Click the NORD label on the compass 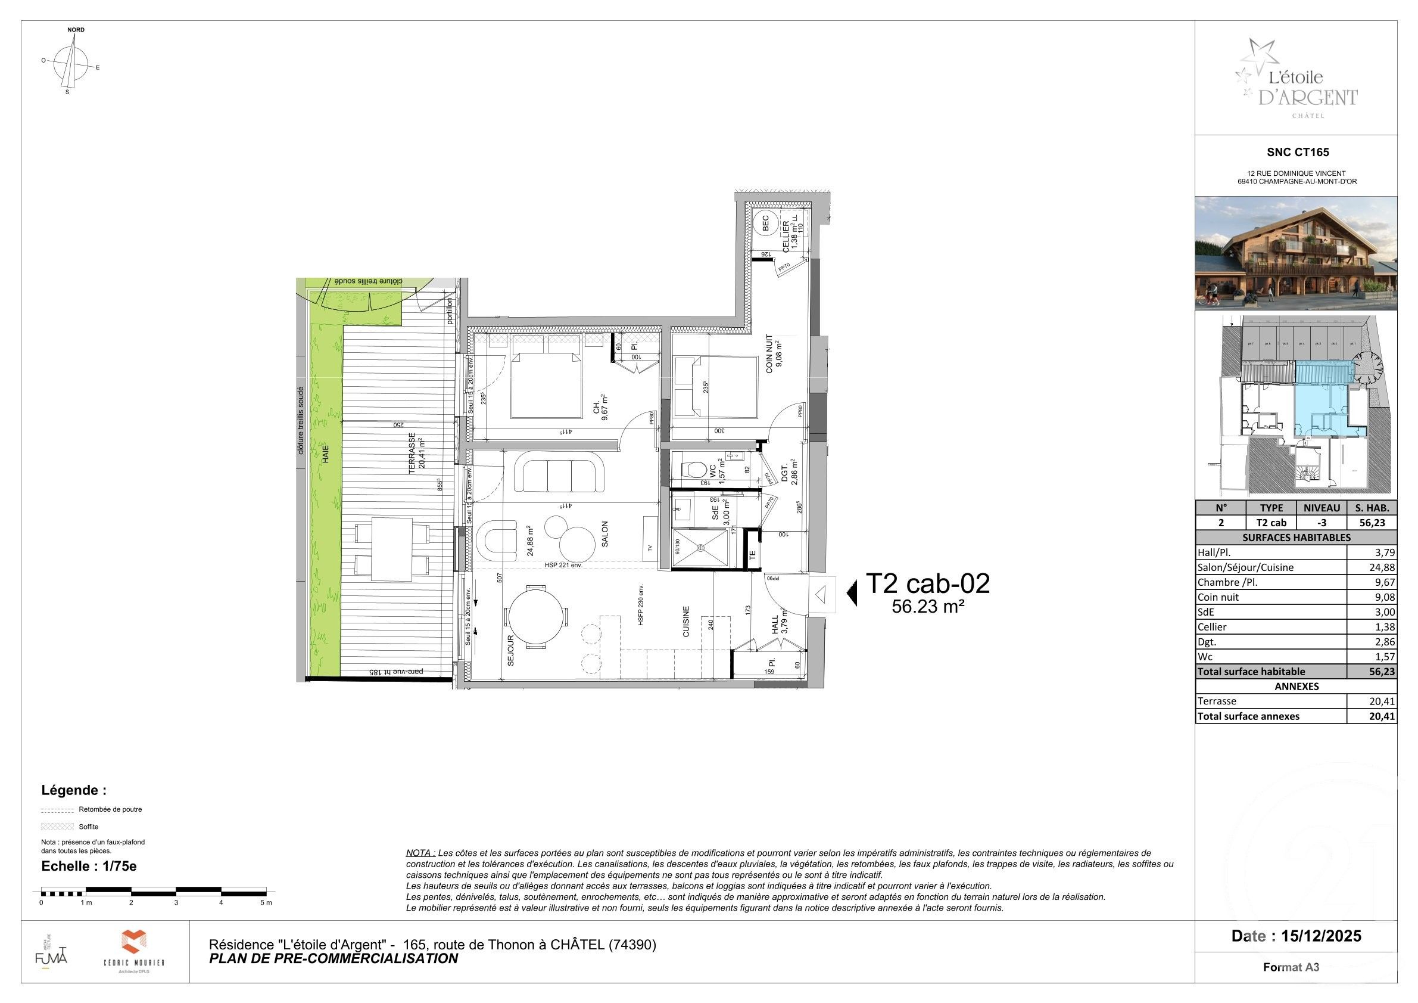76,30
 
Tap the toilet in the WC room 694,470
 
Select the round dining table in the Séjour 535,617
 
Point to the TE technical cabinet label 752,555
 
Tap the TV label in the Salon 650,548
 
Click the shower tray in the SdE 701,548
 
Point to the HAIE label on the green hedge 326,454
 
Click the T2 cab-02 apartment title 928,583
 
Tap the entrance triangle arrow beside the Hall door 821,595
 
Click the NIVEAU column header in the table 1321,507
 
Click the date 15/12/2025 1321,936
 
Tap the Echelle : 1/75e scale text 89,866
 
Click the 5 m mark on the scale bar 266,902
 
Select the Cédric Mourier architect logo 133,951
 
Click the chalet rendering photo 1295,253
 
